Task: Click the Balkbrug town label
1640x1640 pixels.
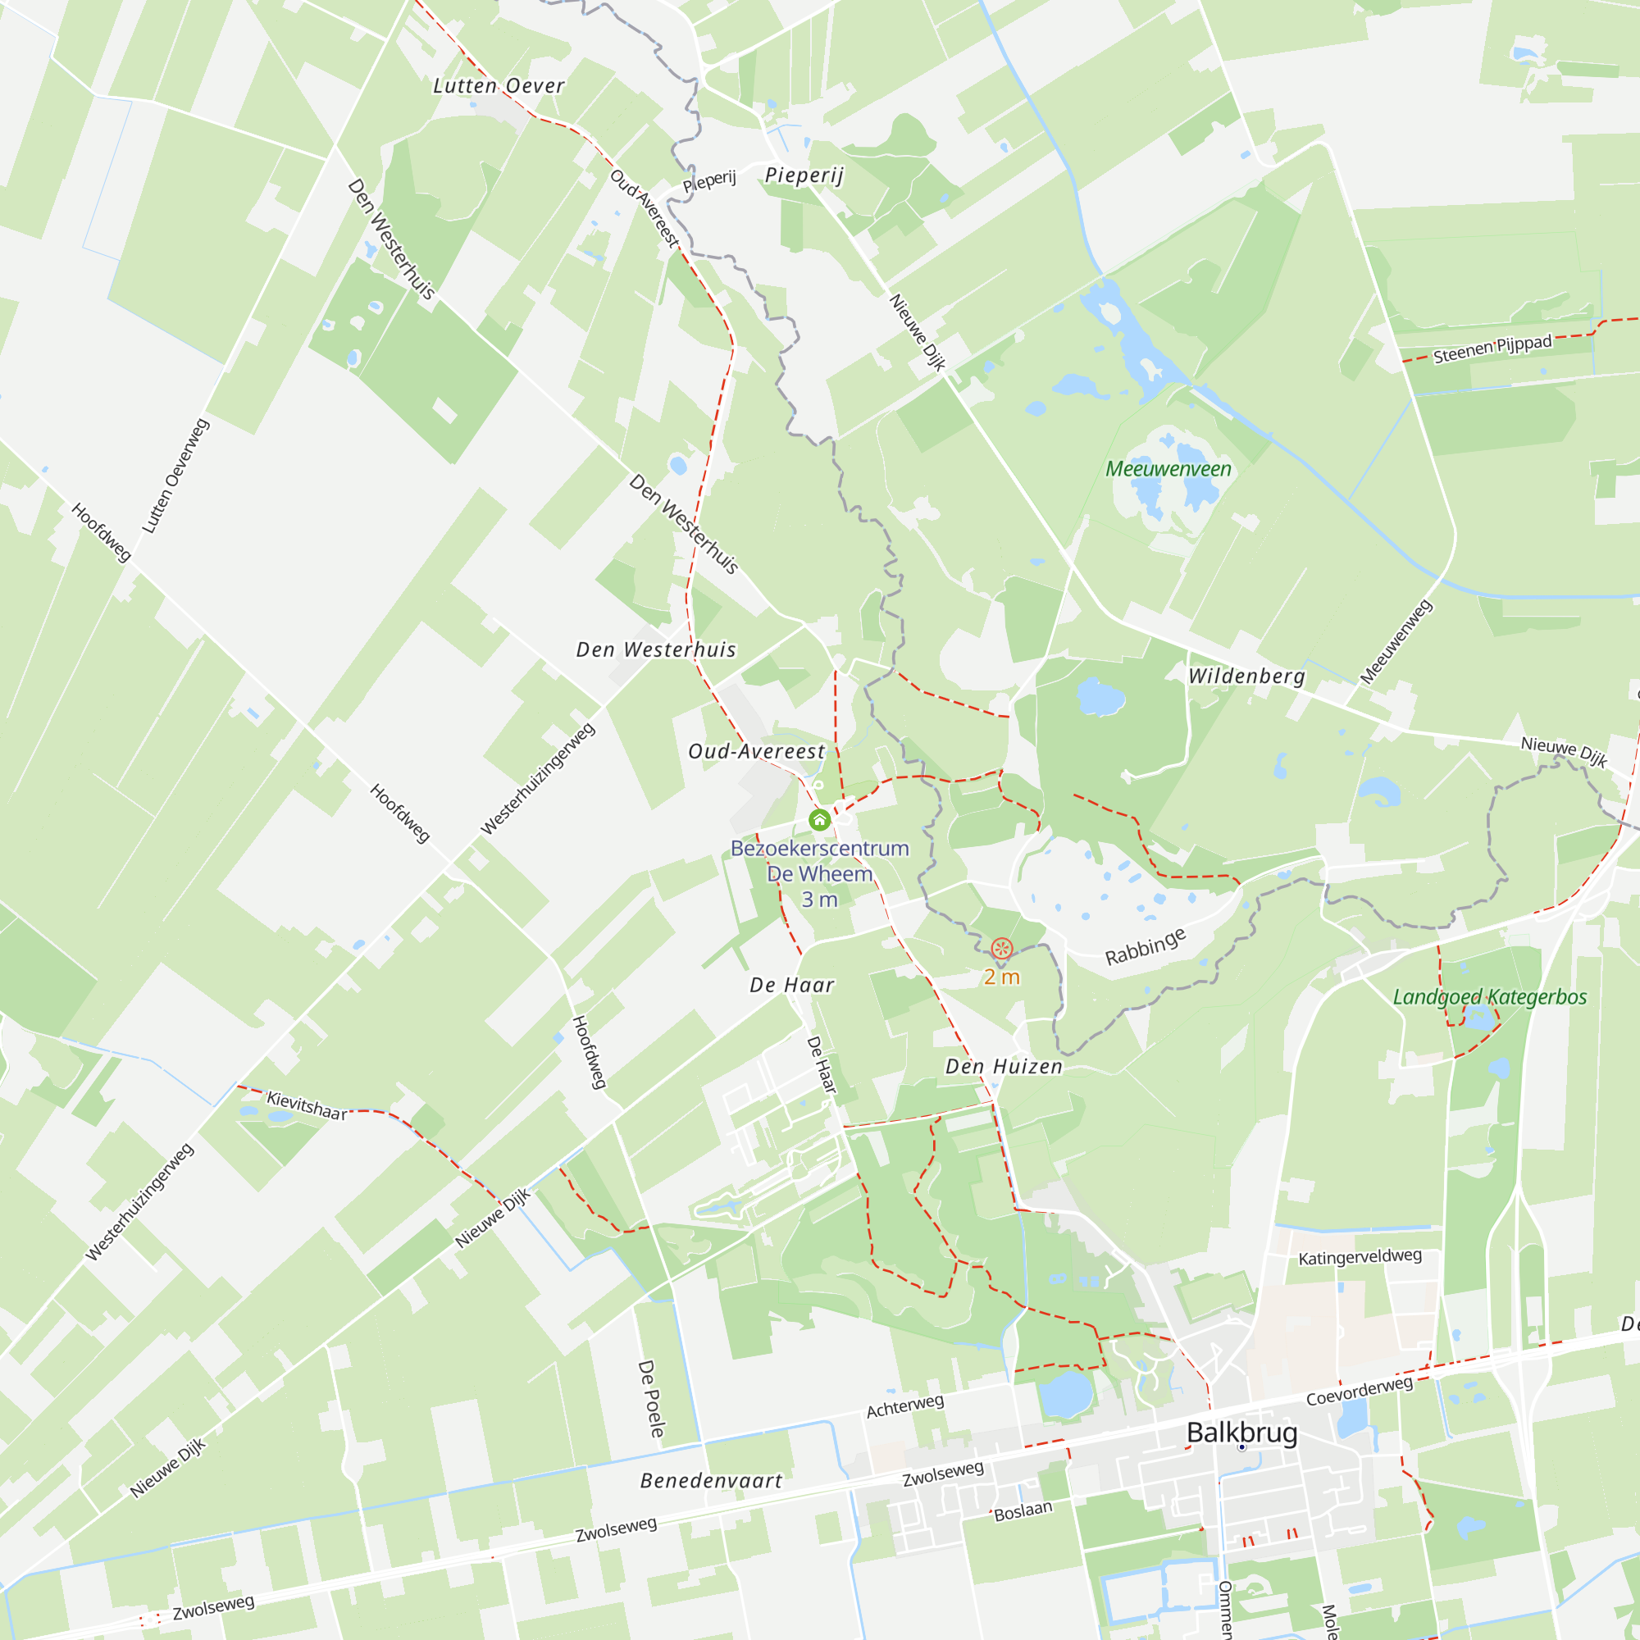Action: click(x=1241, y=1432)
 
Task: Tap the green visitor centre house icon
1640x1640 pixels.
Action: click(x=819, y=820)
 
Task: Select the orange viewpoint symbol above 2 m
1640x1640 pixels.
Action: click(x=1002, y=948)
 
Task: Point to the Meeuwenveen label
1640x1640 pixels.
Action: click(x=1168, y=469)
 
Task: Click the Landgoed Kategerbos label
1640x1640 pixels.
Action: click(x=1490, y=996)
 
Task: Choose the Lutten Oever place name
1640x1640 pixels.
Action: click(x=499, y=86)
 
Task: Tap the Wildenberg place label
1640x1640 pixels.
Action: click(x=1246, y=676)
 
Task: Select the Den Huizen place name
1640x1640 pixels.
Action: click(x=1004, y=1067)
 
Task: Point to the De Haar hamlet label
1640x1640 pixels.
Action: click(x=792, y=986)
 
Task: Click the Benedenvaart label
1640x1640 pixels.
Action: click(x=711, y=1480)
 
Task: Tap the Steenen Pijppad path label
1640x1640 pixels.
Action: click(x=1492, y=348)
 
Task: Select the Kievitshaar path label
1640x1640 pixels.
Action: click(x=307, y=1106)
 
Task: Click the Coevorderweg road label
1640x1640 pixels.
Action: click(x=1359, y=1392)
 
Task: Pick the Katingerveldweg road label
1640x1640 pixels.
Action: click(x=1360, y=1256)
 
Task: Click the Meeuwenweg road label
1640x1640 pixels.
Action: click(x=1396, y=642)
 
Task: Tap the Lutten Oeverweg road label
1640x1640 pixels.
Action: click(x=175, y=476)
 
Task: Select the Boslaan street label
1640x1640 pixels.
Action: click(x=1023, y=1511)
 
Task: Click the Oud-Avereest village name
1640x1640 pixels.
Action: click(x=756, y=752)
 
